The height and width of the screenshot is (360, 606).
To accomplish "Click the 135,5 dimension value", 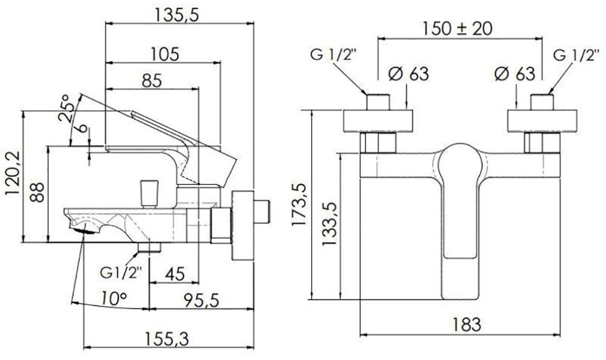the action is (x=176, y=15).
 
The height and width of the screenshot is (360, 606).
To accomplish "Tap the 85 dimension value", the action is (x=151, y=81).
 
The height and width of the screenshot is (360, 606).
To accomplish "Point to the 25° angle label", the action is (x=65, y=108).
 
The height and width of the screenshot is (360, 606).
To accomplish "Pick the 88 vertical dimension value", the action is (x=37, y=192).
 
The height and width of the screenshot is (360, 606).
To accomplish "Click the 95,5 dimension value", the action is (x=202, y=300).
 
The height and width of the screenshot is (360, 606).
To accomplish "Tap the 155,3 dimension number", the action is (x=167, y=339).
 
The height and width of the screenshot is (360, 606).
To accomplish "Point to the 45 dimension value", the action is (x=175, y=274).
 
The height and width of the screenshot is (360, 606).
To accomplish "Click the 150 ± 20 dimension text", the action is (x=457, y=28).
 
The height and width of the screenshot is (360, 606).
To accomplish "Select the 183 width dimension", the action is (x=466, y=324).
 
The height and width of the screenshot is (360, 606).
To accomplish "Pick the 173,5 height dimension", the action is (x=299, y=205).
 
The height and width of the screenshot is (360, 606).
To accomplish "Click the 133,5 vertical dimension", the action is (x=329, y=224).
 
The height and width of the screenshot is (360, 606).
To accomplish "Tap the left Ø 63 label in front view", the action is (x=409, y=73).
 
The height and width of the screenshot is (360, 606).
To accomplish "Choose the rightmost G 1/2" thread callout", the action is (x=574, y=55).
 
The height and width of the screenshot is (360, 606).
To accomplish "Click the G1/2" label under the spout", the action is (x=121, y=272).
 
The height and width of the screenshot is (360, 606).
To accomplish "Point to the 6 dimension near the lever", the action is (x=83, y=128).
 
